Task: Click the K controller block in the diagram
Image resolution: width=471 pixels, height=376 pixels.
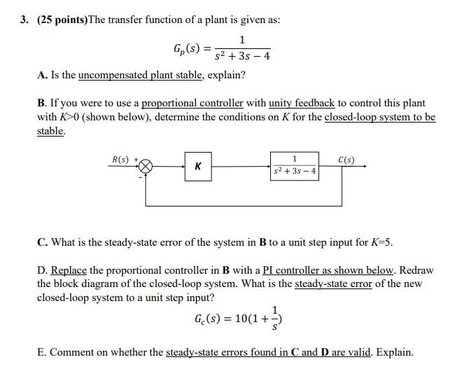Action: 199,167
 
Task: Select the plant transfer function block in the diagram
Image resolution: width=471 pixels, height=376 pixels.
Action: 294,165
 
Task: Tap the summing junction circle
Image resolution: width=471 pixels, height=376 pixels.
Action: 146,167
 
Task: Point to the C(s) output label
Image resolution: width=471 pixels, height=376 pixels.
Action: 346,160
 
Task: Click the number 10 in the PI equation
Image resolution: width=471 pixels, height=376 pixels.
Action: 242,319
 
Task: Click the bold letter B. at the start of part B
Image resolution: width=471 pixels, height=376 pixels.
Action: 42,103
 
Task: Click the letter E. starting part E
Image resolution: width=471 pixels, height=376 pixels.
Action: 41,351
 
